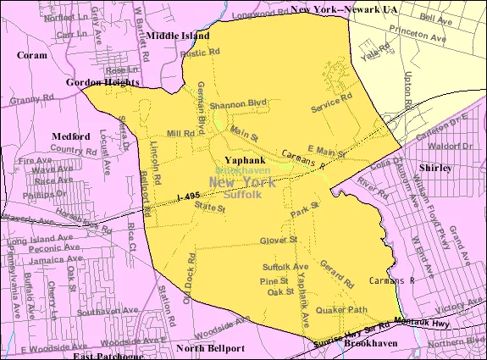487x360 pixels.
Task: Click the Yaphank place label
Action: pos(243,158)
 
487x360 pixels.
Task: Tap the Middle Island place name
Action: pos(175,36)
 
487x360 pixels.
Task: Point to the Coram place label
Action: pos(31,55)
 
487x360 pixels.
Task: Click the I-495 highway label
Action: pos(192,197)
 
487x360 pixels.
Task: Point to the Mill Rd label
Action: pos(180,134)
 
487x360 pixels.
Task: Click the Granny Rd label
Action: pos(27,100)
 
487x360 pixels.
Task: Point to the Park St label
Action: pos(305,206)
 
